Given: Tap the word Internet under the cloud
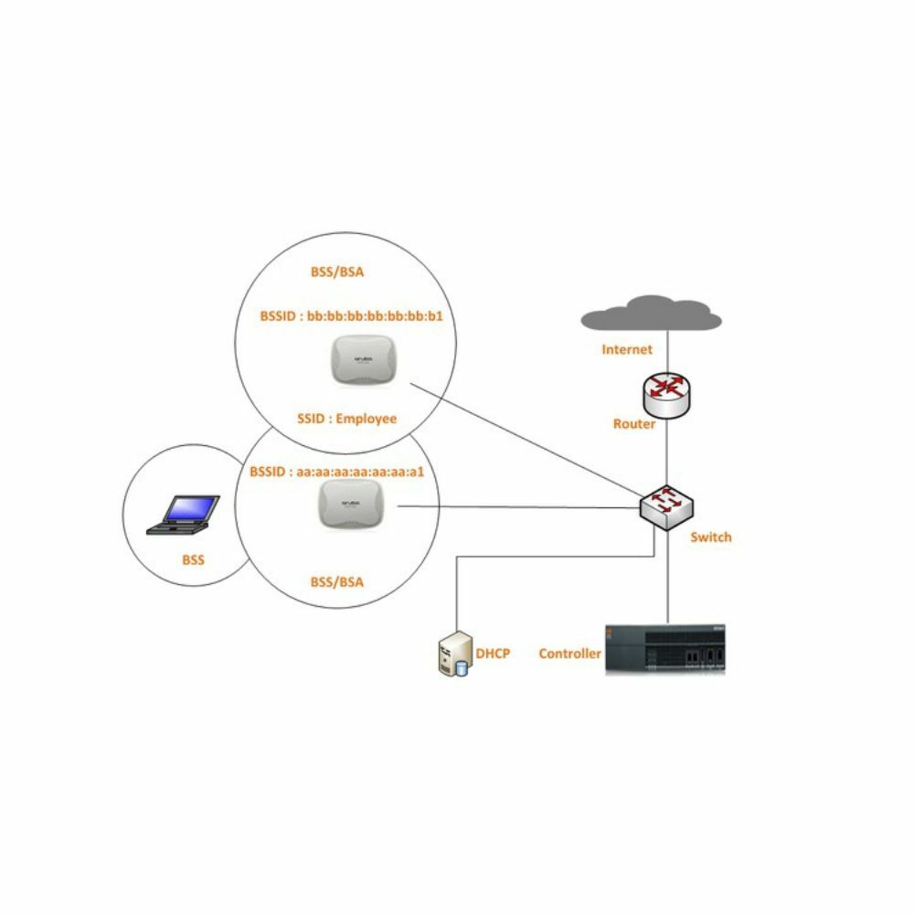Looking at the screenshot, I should click(x=627, y=349).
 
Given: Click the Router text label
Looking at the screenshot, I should click(x=634, y=425).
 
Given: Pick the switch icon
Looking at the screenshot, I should click(x=666, y=505).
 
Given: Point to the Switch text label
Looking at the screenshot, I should click(x=711, y=537).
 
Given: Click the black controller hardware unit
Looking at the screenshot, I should click(x=666, y=649).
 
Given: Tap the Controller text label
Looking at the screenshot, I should click(x=569, y=654).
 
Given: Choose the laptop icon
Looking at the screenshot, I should click(x=187, y=514).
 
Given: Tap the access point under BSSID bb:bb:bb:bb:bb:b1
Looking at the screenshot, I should click(x=366, y=361).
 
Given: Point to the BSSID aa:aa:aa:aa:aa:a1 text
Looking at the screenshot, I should click(x=337, y=473).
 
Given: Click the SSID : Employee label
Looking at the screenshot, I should click(x=346, y=419).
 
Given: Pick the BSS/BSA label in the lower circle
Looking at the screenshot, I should click(x=337, y=579).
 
